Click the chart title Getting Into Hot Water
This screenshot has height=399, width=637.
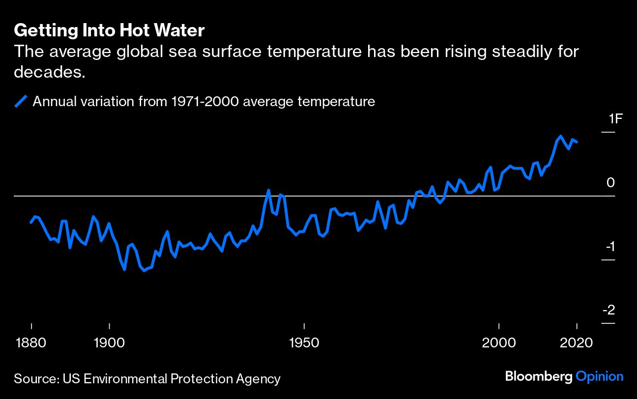tap(109, 31)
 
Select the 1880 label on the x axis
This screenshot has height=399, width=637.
tap(31, 342)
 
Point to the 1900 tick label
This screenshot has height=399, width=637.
tap(109, 342)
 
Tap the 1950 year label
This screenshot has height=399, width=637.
tap(304, 342)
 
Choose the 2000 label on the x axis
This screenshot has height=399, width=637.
tap(499, 342)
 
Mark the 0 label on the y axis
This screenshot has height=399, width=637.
tap(610, 183)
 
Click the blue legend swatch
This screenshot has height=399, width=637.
tap(21, 102)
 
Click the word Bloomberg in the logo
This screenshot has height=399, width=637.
tap(539, 377)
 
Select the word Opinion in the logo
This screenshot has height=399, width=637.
tap(600, 377)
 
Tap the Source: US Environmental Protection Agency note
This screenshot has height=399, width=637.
tap(147, 379)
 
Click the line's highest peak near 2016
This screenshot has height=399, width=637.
tap(561, 136)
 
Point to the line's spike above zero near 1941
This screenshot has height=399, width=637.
tap(269, 190)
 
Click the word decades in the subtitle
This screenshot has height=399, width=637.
tap(47, 72)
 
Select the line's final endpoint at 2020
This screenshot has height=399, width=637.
tap(577, 142)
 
